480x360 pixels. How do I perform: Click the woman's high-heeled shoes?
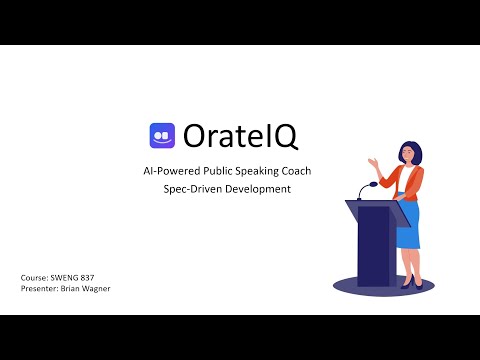[x=408, y=283]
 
